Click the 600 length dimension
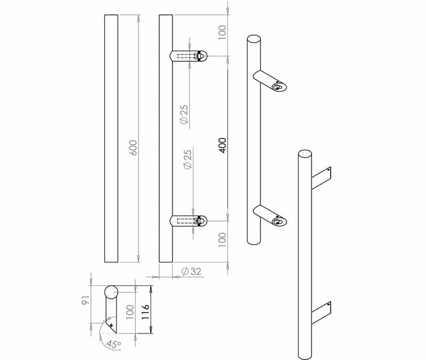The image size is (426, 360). pyautogui.click(x=134, y=148)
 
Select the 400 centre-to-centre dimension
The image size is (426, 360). pyautogui.click(x=222, y=145)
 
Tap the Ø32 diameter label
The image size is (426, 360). pyautogui.click(x=191, y=271)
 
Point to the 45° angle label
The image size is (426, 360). pyautogui.click(x=113, y=344)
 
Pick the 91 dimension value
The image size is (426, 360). pyautogui.click(x=86, y=300)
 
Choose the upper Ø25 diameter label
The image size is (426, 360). pyautogui.click(x=184, y=114)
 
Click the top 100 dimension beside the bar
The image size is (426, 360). pyautogui.click(x=222, y=32)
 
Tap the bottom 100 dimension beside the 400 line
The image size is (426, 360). pyautogui.click(x=222, y=239)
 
